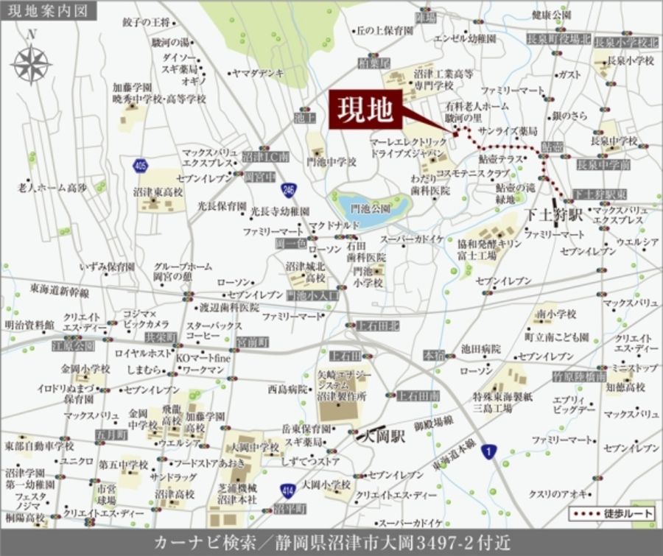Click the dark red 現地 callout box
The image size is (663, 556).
pyautogui.click(x=365, y=111)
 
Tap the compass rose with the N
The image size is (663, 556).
pyautogui.click(x=31, y=63)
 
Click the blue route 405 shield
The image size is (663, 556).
pyautogui.click(x=141, y=166)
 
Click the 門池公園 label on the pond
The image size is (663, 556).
pyautogui.click(x=370, y=208)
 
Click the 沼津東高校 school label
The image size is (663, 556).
pyautogui.click(x=158, y=191)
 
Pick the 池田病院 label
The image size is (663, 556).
pyautogui.click(x=480, y=348)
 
